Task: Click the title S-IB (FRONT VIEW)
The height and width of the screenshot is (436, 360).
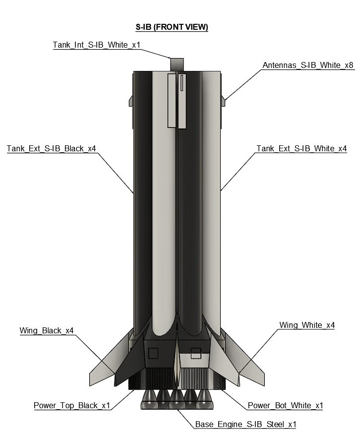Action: [172, 27]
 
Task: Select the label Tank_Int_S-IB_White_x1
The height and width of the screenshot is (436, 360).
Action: [97, 45]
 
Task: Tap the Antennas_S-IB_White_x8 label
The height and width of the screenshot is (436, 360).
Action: [308, 65]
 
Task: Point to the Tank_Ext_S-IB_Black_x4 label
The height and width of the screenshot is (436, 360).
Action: [52, 148]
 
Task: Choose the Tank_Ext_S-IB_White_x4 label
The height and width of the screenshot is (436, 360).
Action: [301, 148]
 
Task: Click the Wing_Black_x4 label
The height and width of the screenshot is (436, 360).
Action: [47, 331]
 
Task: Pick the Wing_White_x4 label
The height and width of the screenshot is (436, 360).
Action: [307, 325]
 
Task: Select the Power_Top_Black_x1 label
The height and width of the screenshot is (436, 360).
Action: [72, 405]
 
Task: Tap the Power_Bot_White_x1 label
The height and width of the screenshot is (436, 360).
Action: [285, 405]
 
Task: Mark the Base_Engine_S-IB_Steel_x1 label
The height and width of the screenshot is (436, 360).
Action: [246, 424]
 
